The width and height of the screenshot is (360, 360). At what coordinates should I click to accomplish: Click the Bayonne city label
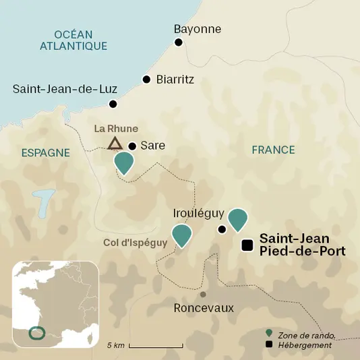197,29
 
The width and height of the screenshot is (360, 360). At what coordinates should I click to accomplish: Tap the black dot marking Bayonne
179,42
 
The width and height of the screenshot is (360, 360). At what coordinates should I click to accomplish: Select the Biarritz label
175,80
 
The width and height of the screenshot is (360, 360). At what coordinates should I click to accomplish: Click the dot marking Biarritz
146,80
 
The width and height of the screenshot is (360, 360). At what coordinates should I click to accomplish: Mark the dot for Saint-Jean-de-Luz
113,104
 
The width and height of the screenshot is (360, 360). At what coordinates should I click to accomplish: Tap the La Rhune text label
116,128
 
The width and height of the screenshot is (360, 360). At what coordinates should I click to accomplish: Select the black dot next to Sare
132,146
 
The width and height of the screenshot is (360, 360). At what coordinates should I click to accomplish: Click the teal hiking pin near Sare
124,162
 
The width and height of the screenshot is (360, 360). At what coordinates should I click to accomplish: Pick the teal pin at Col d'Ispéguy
181,235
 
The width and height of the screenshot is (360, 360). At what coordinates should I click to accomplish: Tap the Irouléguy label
198,213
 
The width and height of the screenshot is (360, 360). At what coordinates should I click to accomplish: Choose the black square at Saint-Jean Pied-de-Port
247,245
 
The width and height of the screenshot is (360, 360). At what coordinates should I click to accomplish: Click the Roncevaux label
204,308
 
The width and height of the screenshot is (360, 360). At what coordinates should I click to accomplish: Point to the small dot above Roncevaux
203,294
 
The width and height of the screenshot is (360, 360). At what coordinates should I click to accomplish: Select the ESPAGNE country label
46,153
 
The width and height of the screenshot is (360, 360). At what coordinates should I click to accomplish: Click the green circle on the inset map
38,332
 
